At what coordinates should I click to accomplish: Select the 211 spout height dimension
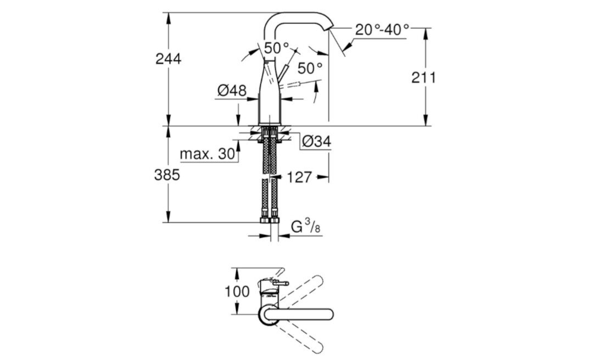pyautogui.click(x=424, y=78)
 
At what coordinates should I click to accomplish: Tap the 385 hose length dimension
pyautogui.click(x=168, y=175)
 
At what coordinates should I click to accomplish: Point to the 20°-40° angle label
pyautogui.click(x=382, y=30)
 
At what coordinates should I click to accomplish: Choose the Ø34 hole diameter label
pyautogui.click(x=316, y=142)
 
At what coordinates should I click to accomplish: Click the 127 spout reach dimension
pyautogui.click(x=299, y=177)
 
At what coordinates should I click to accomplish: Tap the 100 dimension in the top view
pyautogui.click(x=237, y=291)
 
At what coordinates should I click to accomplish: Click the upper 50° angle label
pyautogui.click(x=276, y=48)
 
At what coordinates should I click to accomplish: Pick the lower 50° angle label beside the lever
pyautogui.click(x=310, y=69)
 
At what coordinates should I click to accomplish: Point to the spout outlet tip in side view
pyautogui.click(x=329, y=27)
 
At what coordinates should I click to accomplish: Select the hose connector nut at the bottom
pyautogui.click(x=269, y=220)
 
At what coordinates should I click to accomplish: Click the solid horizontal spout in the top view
pyautogui.click(x=307, y=314)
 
